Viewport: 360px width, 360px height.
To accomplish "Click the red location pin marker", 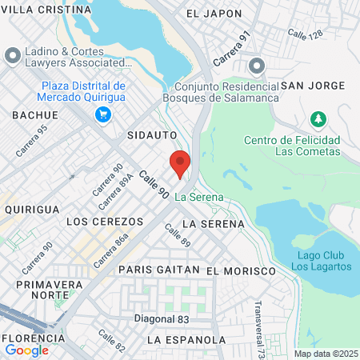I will pos(180,163).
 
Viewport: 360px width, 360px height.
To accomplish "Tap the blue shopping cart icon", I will pos(102,115).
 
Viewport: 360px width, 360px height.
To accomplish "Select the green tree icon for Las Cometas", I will pos(318,119).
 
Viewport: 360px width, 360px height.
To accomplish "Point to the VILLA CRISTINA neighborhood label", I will pos(46,10).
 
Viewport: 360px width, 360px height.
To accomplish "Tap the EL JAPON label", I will pos(214,14).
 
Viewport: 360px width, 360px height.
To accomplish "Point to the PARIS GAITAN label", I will pos(158,270).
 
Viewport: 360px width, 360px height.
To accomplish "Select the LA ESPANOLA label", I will pos(186,340).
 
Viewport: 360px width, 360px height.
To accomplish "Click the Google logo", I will pos(26,350).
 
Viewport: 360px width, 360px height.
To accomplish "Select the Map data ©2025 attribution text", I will pos(324,354).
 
